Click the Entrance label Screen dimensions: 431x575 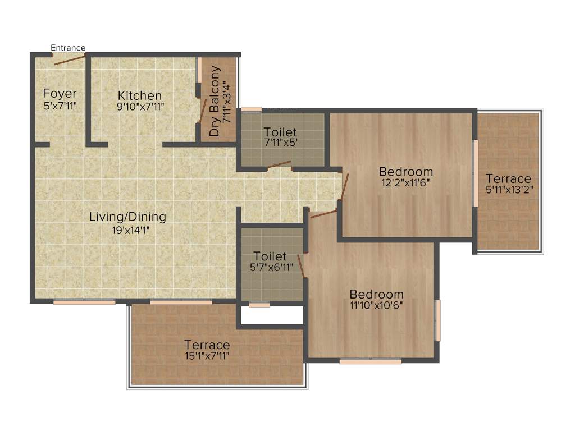[x=68, y=48]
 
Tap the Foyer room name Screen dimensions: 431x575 [x=60, y=93]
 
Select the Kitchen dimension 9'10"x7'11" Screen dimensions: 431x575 [x=140, y=106]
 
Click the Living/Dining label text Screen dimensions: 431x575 [x=127, y=217]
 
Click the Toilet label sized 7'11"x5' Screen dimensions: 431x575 [x=280, y=132]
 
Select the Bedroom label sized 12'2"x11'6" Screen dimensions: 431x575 [x=405, y=171]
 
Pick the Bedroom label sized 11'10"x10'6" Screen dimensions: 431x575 [x=376, y=294]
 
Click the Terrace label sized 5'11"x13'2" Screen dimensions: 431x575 [x=509, y=178]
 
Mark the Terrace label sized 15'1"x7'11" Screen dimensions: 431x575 [x=207, y=345]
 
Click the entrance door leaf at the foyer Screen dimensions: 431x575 [x=69, y=59]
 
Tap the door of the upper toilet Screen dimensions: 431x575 [x=279, y=164]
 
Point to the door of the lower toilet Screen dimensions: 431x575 [x=302, y=266]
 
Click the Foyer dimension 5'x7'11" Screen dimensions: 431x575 [x=60, y=106]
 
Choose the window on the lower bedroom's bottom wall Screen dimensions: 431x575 [x=370, y=361]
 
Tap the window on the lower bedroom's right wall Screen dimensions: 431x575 [x=438, y=320]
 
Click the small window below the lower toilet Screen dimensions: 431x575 [x=259, y=305]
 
